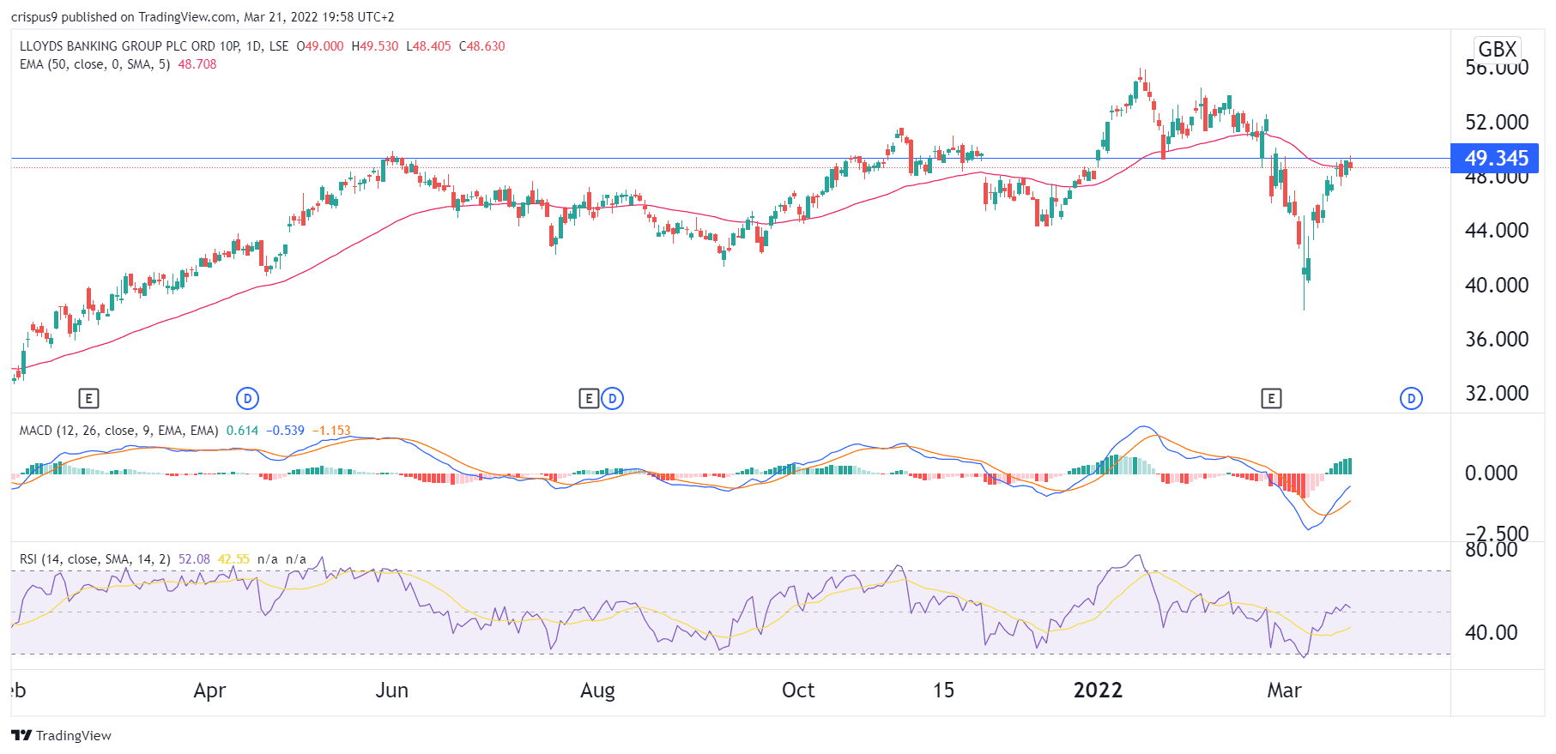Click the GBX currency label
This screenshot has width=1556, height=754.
click(1497, 49)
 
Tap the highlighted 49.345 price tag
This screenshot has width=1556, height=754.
click(1496, 159)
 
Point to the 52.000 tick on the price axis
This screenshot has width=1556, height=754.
click(1496, 122)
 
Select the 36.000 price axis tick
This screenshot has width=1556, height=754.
click(1496, 339)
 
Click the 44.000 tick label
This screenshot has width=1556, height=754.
click(1496, 230)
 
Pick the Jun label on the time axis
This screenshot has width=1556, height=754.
click(391, 691)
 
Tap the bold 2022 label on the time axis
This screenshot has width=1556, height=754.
click(1098, 691)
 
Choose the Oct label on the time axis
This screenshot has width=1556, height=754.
click(798, 691)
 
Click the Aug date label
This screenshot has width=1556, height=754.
click(597, 691)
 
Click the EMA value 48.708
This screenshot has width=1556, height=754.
click(197, 64)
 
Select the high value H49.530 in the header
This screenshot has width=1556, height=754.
click(375, 46)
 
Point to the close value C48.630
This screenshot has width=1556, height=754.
click(482, 46)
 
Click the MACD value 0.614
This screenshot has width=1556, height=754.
click(242, 431)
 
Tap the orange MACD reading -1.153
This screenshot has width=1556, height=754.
click(331, 431)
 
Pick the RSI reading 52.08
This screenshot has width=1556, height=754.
click(194, 559)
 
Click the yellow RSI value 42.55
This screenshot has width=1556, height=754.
click(233, 559)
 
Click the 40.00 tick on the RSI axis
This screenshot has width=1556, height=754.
click(1491, 632)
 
